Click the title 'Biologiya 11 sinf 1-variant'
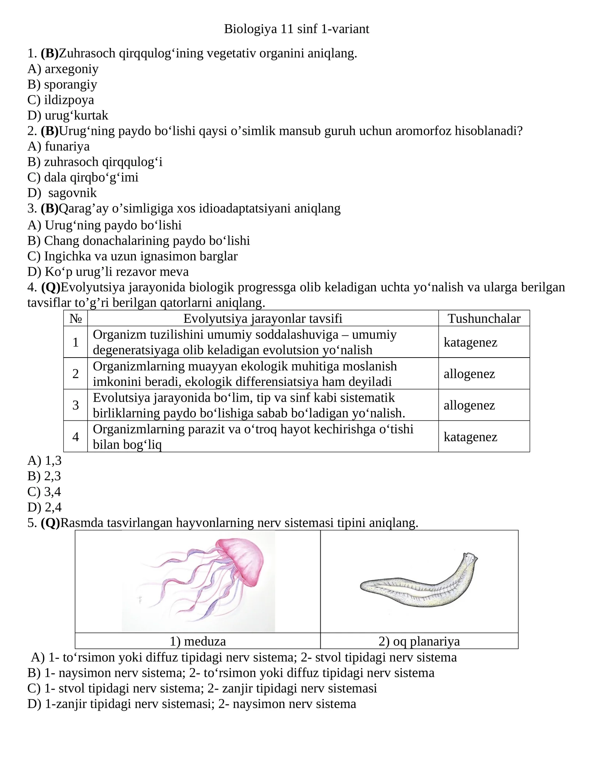[x=296, y=29]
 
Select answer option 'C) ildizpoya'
[x=61, y=100]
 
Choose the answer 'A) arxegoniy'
[x=63, y=69]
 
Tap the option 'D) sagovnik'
[x=62, y=193]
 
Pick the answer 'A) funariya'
[x=59, y=146]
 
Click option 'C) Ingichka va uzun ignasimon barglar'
[x=133, y=256]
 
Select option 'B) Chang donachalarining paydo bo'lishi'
[x=138, y=241]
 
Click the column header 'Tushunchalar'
[x=484, y=318]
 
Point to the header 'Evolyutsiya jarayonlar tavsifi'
[x=262, y=318]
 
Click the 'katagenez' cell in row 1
[x=470, y=342]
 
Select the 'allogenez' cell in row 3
[x=469, y=405]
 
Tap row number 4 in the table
[x=75, y=437]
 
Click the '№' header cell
[x=75, y=318]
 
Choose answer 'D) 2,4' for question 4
[x=45, y=507]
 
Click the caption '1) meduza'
[x=198, y=641]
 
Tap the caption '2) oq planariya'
[x=419, y=641]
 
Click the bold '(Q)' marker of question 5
[x=50, y=523]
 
